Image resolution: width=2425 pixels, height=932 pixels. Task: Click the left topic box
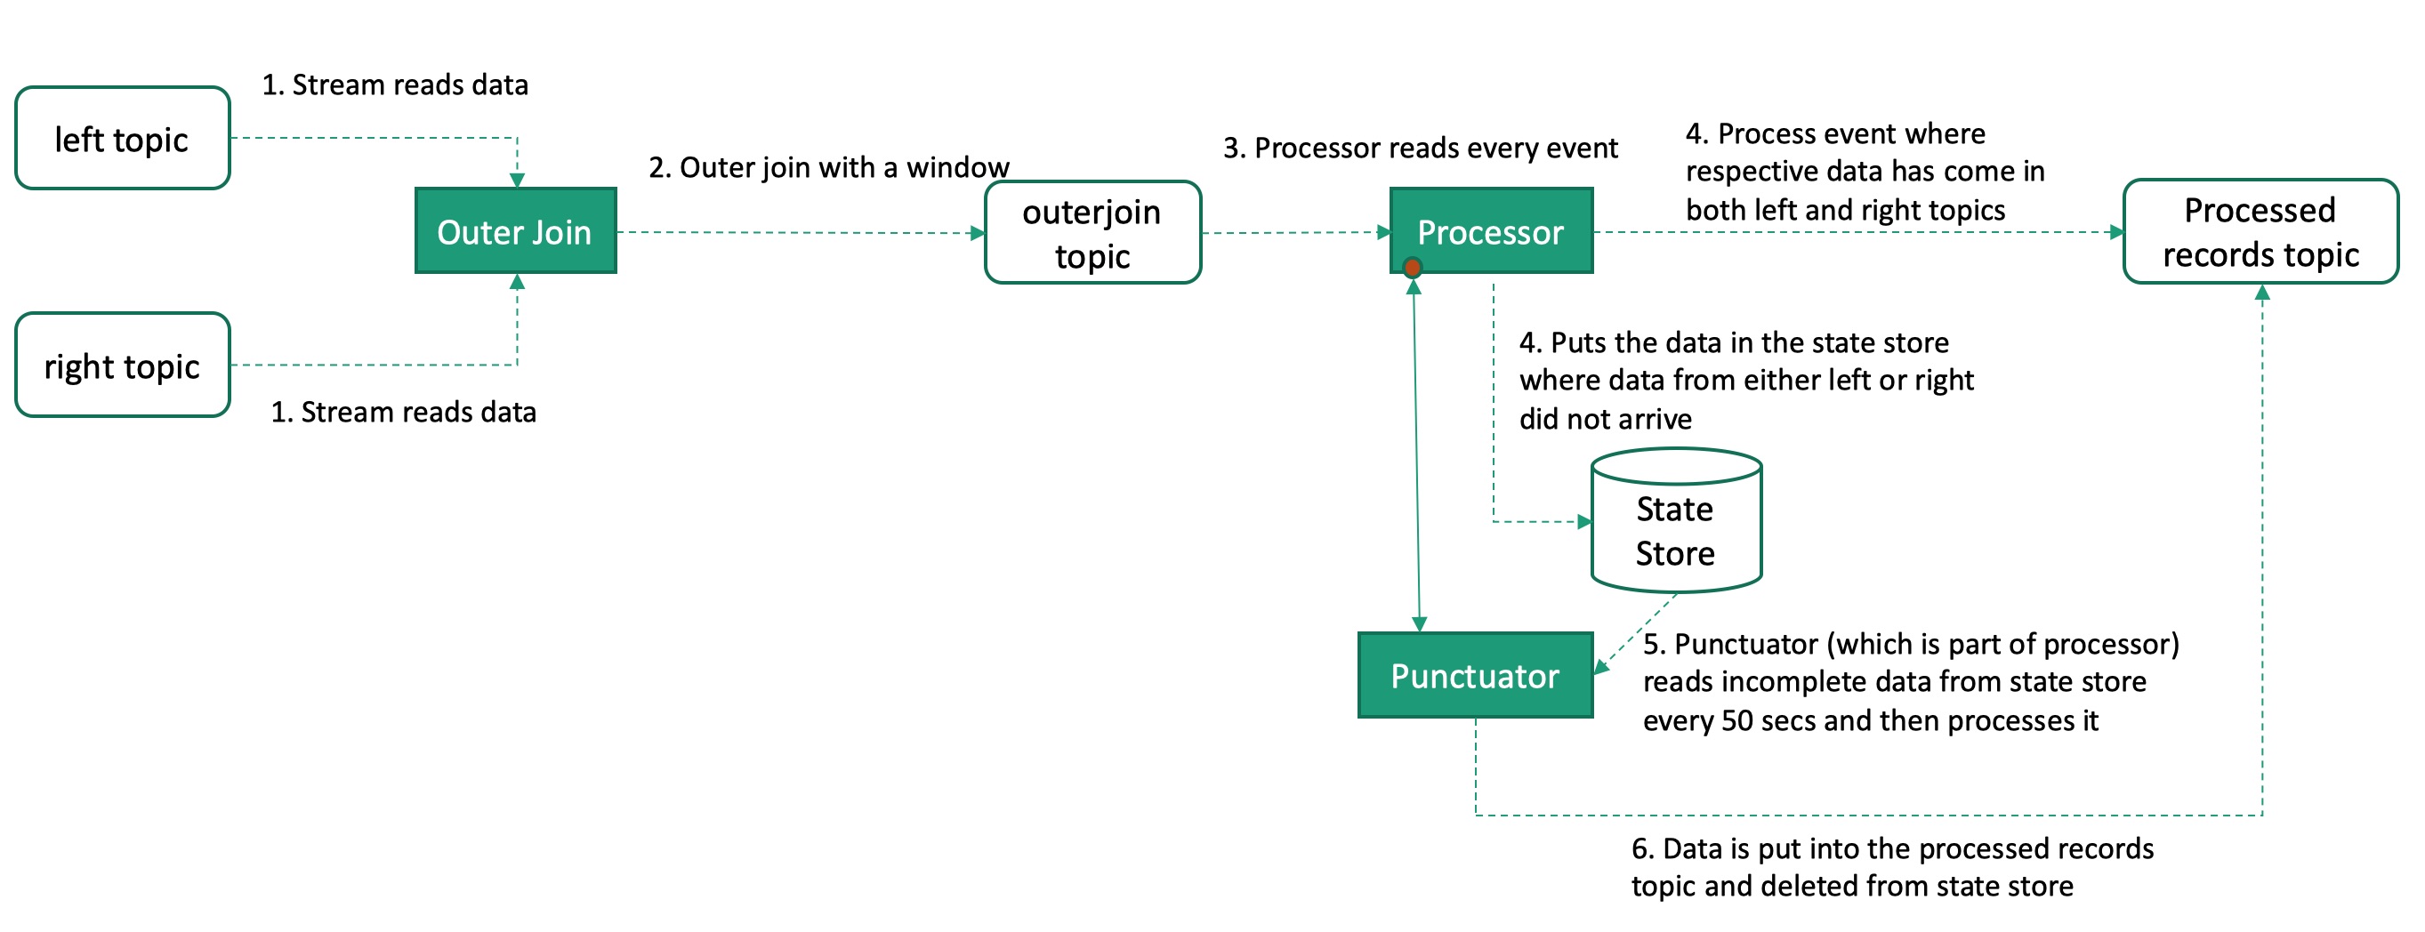coord(123,139)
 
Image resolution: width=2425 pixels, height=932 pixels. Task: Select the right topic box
coord(123,366)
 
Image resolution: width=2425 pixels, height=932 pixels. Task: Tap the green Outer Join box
coord(515,231)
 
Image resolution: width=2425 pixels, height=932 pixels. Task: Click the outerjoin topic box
coord(1092,232)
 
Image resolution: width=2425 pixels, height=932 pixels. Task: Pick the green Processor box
coord(1491,231)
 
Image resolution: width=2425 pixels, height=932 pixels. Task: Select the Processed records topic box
coord(2260,231)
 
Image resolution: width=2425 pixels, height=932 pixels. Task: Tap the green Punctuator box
coord(1474,676)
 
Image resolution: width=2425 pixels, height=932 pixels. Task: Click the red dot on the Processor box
coord(1412,269)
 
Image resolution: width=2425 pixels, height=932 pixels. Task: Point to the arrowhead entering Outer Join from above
coord(517,180)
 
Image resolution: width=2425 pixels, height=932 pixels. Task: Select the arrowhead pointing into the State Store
coord(1584,521)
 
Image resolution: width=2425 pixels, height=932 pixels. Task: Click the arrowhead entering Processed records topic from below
coord(2262,293)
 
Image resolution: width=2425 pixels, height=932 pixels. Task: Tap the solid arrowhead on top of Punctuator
coord(1420,624)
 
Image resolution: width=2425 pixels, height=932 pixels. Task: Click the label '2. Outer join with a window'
coord(828,167)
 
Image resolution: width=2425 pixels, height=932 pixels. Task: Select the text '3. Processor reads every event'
coord(1420,148)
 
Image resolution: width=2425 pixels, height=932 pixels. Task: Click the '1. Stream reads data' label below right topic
coord(403,413)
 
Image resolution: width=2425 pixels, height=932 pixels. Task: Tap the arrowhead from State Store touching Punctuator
coord(1600,668)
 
